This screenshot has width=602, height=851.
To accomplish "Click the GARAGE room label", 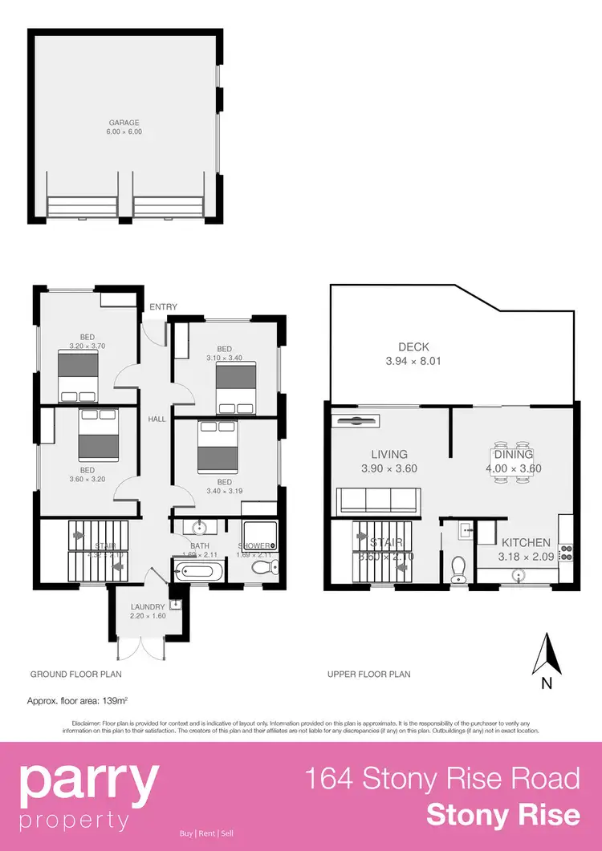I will tap(125, 123).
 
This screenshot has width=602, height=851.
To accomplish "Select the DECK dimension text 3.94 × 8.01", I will tap(413, 361).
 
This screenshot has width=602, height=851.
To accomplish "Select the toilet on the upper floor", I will tap(458, 567).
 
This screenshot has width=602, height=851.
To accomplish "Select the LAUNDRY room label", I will tap(147, 606).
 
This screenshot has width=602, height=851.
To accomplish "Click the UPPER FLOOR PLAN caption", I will tap(368, 675).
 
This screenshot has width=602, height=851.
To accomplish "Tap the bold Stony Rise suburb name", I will tap(503, 815).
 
